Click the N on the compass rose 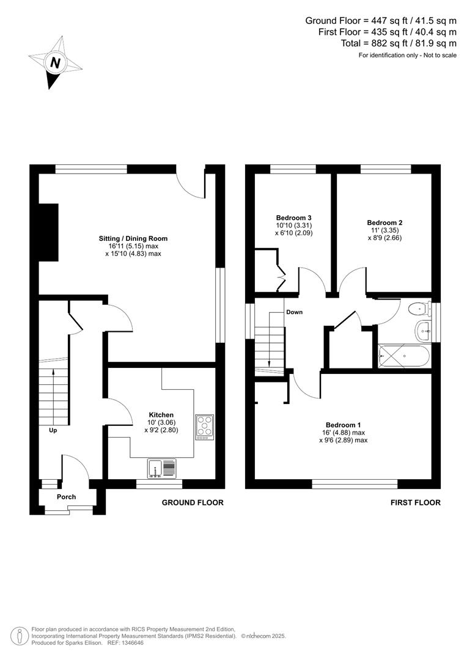click(56, 62)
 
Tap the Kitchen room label click(162, 414)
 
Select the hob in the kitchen click(204, 427)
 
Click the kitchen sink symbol click(161, 469)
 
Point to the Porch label click(66, 497)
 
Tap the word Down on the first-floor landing click(294, 312)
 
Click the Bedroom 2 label click(384, 223)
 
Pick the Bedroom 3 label click(293, 218)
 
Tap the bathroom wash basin click(424, 331)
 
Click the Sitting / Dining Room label click(133, 238)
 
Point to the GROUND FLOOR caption click(192, 502)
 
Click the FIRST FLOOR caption click(415, 502)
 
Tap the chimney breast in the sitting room click(48, 232)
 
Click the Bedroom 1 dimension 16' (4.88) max click(346, 432)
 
